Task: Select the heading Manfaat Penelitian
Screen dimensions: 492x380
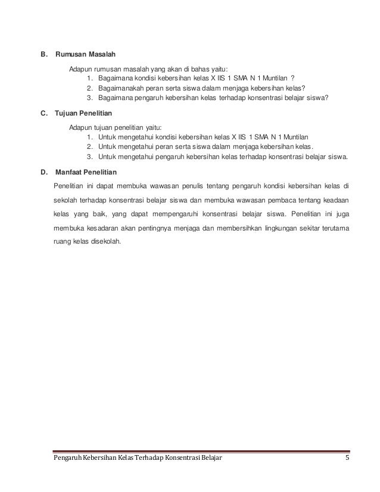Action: [86, 173]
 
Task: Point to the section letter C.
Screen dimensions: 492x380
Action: [43, 113]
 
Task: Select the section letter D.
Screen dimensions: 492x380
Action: [43, 173]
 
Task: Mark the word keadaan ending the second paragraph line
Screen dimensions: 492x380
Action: [335, 199]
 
